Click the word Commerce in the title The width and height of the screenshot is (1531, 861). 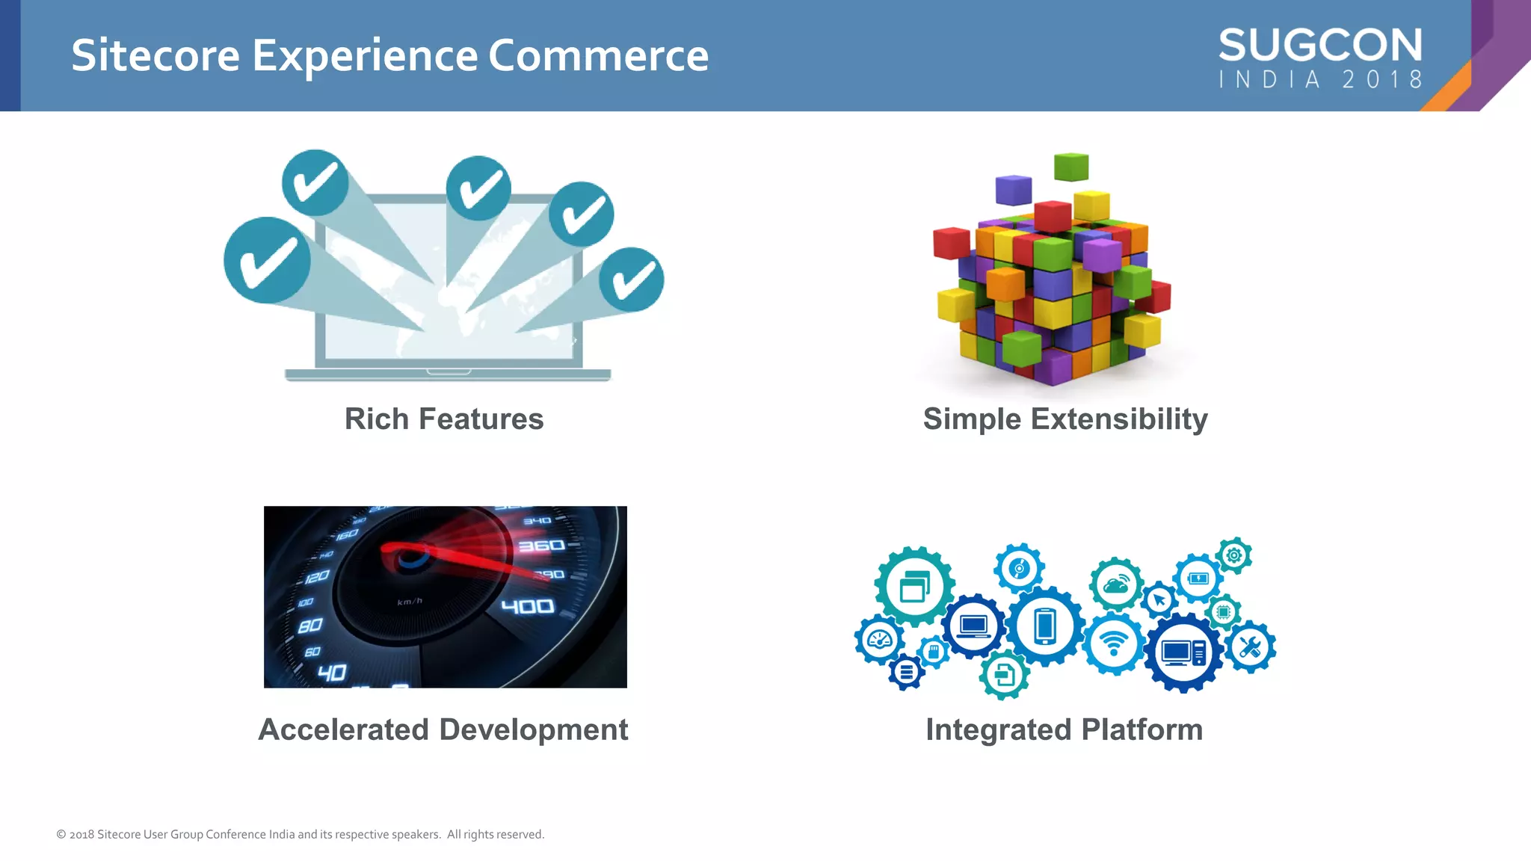point(598,56)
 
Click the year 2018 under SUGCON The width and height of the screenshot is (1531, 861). point(1382,79)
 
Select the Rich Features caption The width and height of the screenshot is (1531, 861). point(444,419)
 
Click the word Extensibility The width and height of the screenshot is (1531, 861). point(1119,419)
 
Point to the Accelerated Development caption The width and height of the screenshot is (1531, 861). point(443,729)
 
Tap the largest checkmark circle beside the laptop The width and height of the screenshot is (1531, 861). point(267,260)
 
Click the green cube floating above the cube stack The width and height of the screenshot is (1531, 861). point(1071,167)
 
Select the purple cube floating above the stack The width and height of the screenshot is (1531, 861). point(1014,190)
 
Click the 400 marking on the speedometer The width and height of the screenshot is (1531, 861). point(528,606)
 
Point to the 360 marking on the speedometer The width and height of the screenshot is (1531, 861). point(541,546)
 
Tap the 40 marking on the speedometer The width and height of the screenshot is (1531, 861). point(332,673)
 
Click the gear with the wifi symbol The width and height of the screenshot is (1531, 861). point(1114,643)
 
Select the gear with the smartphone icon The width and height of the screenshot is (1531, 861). point(1045,626)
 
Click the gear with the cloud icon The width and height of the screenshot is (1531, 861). point(1115,584)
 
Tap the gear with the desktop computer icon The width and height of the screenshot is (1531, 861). point(1183,652)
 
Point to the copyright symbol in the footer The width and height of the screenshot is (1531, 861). point(61,834)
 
